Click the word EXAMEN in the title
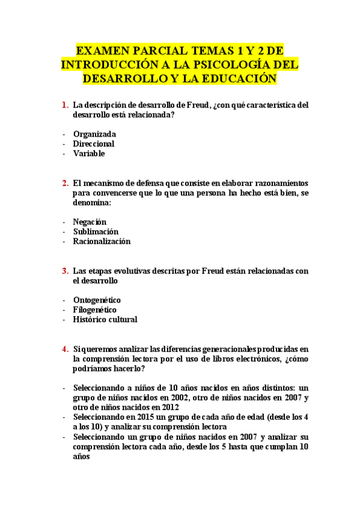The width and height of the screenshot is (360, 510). click(106, 51)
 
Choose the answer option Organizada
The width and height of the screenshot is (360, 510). click(94, 134)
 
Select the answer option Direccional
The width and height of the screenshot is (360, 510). click(94, 144)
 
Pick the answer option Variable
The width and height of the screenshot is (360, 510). click(89, 153)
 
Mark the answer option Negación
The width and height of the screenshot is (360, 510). click(90, 222)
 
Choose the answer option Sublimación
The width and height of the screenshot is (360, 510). click(96, 232)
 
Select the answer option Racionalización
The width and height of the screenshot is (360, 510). click(102, 241)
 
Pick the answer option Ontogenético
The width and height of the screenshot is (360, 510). click(97, 300)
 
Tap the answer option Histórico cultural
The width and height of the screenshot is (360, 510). click(105, 319)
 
